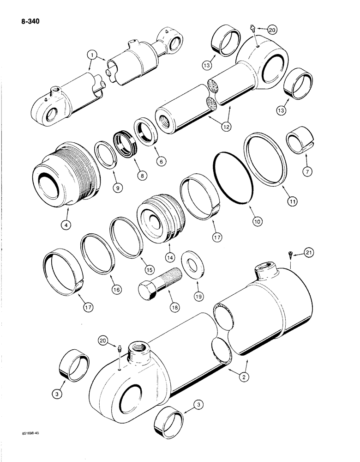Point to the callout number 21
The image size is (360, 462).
309,252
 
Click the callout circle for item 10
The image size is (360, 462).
257,221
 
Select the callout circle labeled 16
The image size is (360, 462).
116,290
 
